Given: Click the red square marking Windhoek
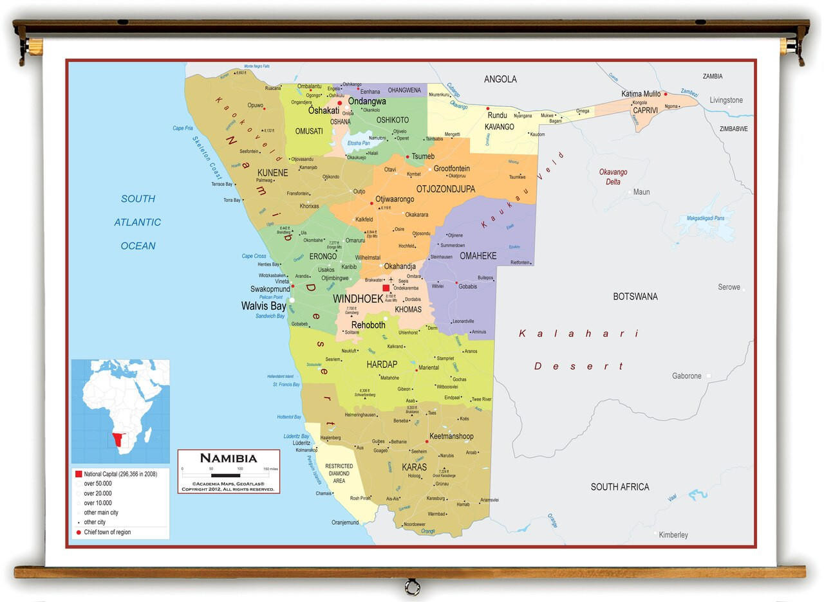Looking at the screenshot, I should pos(386,288).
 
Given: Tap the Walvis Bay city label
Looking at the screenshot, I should pos(263,306).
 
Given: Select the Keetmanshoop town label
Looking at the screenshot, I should pos(451,436).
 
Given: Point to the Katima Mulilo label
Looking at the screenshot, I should pos(641,94).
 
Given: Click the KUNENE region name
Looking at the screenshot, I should pos(272,173).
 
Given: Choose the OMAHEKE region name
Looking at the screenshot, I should pos(478,256).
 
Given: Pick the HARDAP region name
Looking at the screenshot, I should pos(382,365).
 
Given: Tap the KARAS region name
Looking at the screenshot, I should pos(414,467).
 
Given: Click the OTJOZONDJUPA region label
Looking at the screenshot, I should pos(445,189).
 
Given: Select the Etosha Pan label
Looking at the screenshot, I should pos(359,143).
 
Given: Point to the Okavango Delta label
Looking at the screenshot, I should pos(613,177).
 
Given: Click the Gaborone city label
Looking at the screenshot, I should pos(686,376).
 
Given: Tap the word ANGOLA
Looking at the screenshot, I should pos(500,80).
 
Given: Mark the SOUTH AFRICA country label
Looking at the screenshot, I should pos(620,487).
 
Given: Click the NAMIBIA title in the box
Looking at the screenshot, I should pos(228,459).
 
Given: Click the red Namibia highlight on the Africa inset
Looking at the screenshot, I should pos(117,440).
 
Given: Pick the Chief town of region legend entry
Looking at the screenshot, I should pos(107,532).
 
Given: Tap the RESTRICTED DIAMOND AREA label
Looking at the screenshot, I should pos(339,473).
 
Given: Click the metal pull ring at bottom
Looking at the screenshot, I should pos(412,587).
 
